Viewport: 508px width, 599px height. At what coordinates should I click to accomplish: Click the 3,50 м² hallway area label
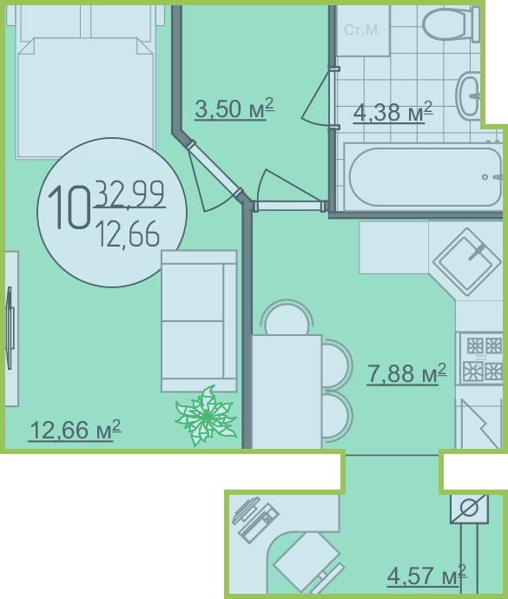234,109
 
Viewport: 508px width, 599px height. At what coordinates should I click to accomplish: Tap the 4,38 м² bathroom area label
393,112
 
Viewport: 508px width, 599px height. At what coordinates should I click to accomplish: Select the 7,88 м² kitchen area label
406,373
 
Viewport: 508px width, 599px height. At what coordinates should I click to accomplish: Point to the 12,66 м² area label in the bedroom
75,430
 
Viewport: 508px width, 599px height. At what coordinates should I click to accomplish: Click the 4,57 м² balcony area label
426,576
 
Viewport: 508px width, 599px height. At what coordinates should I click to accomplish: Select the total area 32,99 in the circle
130,194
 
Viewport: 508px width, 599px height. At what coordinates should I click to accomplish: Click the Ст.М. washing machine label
362,30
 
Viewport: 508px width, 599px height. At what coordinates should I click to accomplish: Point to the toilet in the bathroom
451,23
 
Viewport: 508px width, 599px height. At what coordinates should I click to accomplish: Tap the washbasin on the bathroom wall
468,95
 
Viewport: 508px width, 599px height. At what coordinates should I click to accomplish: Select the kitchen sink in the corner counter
466,262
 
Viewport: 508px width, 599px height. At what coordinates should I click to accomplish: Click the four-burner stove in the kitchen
479,359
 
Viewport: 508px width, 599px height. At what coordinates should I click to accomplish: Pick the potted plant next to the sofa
207,417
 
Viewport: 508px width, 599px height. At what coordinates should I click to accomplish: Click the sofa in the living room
199,321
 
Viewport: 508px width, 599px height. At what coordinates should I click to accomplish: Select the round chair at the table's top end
287,318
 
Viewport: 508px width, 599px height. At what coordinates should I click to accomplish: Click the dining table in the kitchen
287,392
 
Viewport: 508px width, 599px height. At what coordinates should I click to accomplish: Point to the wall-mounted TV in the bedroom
10,328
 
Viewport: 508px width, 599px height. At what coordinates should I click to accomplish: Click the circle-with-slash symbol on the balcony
469,509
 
